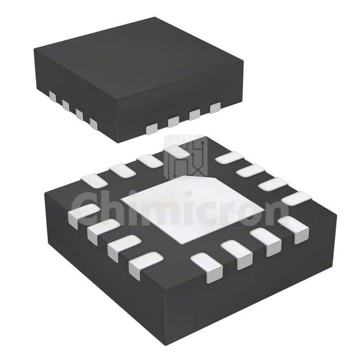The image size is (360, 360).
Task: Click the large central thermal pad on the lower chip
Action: tap(193, 208)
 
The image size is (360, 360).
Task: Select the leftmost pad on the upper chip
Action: tap(52, 96)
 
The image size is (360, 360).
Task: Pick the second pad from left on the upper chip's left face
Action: tap(66, 105)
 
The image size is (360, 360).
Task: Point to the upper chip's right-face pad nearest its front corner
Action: tap(152, 128)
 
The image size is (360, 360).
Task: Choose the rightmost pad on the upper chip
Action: tap(215, 107)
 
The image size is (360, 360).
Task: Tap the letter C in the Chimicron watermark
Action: tap(84, 211)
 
